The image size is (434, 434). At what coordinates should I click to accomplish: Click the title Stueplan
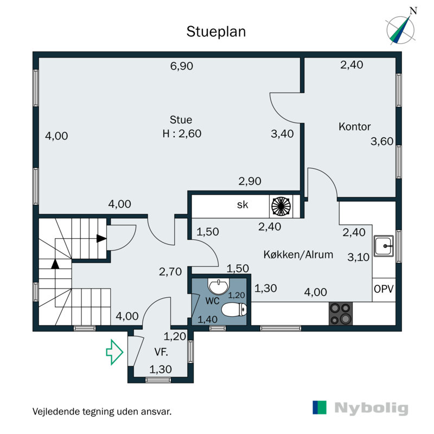point(216,32)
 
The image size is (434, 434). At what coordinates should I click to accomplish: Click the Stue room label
point(181,120)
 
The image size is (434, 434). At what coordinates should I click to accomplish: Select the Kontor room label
point(355,126)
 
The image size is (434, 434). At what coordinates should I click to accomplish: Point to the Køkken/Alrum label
point(298,254)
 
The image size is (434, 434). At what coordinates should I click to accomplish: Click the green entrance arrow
point(114,352)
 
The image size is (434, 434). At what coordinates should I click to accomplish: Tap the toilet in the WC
point(234,309)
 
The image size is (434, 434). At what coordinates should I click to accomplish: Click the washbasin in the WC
point(219,286)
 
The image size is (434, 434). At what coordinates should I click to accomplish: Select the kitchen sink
point(384,246)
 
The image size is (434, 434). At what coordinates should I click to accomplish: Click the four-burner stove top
point(341,314)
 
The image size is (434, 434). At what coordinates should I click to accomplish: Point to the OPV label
point(384,289)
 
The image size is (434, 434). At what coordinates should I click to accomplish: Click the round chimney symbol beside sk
point(281,206)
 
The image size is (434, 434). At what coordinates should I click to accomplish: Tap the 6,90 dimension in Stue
point(182,66)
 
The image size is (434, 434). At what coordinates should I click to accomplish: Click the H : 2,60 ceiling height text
point(182,133)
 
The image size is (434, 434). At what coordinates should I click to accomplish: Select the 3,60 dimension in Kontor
point(382,141)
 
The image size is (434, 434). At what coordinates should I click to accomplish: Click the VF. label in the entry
point(161,352)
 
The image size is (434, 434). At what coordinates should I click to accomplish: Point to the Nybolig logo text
point(371,409)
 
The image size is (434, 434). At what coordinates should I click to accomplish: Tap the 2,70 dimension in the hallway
point(170,272)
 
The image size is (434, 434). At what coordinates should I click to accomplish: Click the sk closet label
point(242,205)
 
